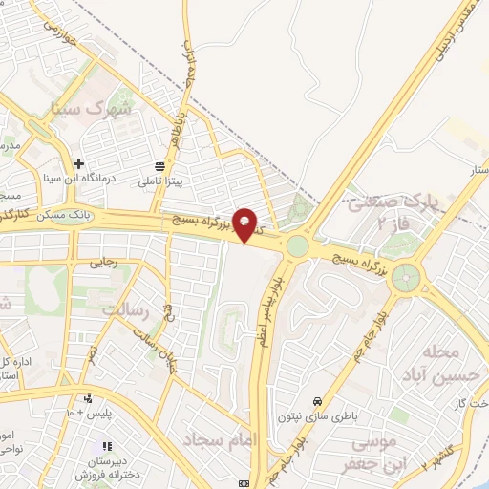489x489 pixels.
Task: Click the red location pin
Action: coord(245,223)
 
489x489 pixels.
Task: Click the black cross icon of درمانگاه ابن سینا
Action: coord(79,164)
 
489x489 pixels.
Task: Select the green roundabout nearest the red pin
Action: coord(298,246)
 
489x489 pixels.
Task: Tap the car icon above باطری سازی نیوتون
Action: coord(316,401)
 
